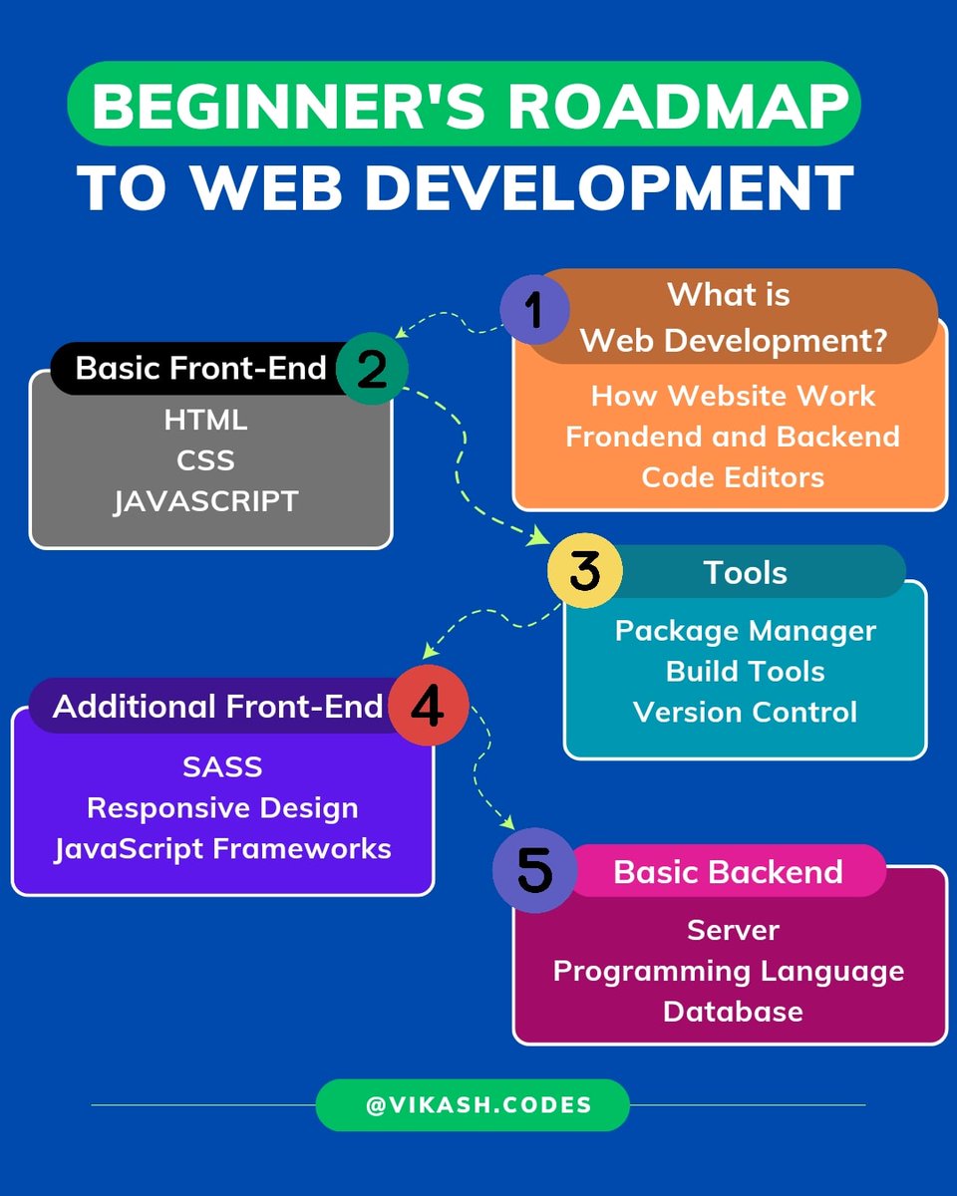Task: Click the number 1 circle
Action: [x=533, y=310]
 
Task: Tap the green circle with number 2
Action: [x=372, y=369]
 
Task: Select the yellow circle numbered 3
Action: [x=585, y=572]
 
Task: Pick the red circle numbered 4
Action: [x=427, y=707]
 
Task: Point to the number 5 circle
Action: [x=534, y=871]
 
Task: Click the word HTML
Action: [x=205, y=420]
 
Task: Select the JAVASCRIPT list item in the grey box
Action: [x=205, y=500]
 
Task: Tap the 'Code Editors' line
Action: [x=733, y=476]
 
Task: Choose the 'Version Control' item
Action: [x=745, y=712]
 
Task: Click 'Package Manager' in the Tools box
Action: [x=745, y=631]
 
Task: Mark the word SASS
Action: [x=222, y=766]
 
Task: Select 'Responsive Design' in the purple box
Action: [x=222, y=807]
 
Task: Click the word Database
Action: [x=733, y=1011]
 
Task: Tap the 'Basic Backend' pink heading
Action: [x=728, y=872]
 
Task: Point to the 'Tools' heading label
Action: [x=745, y=572]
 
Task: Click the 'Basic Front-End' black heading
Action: [x=200, y=368]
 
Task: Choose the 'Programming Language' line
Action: [x=729, y=971]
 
